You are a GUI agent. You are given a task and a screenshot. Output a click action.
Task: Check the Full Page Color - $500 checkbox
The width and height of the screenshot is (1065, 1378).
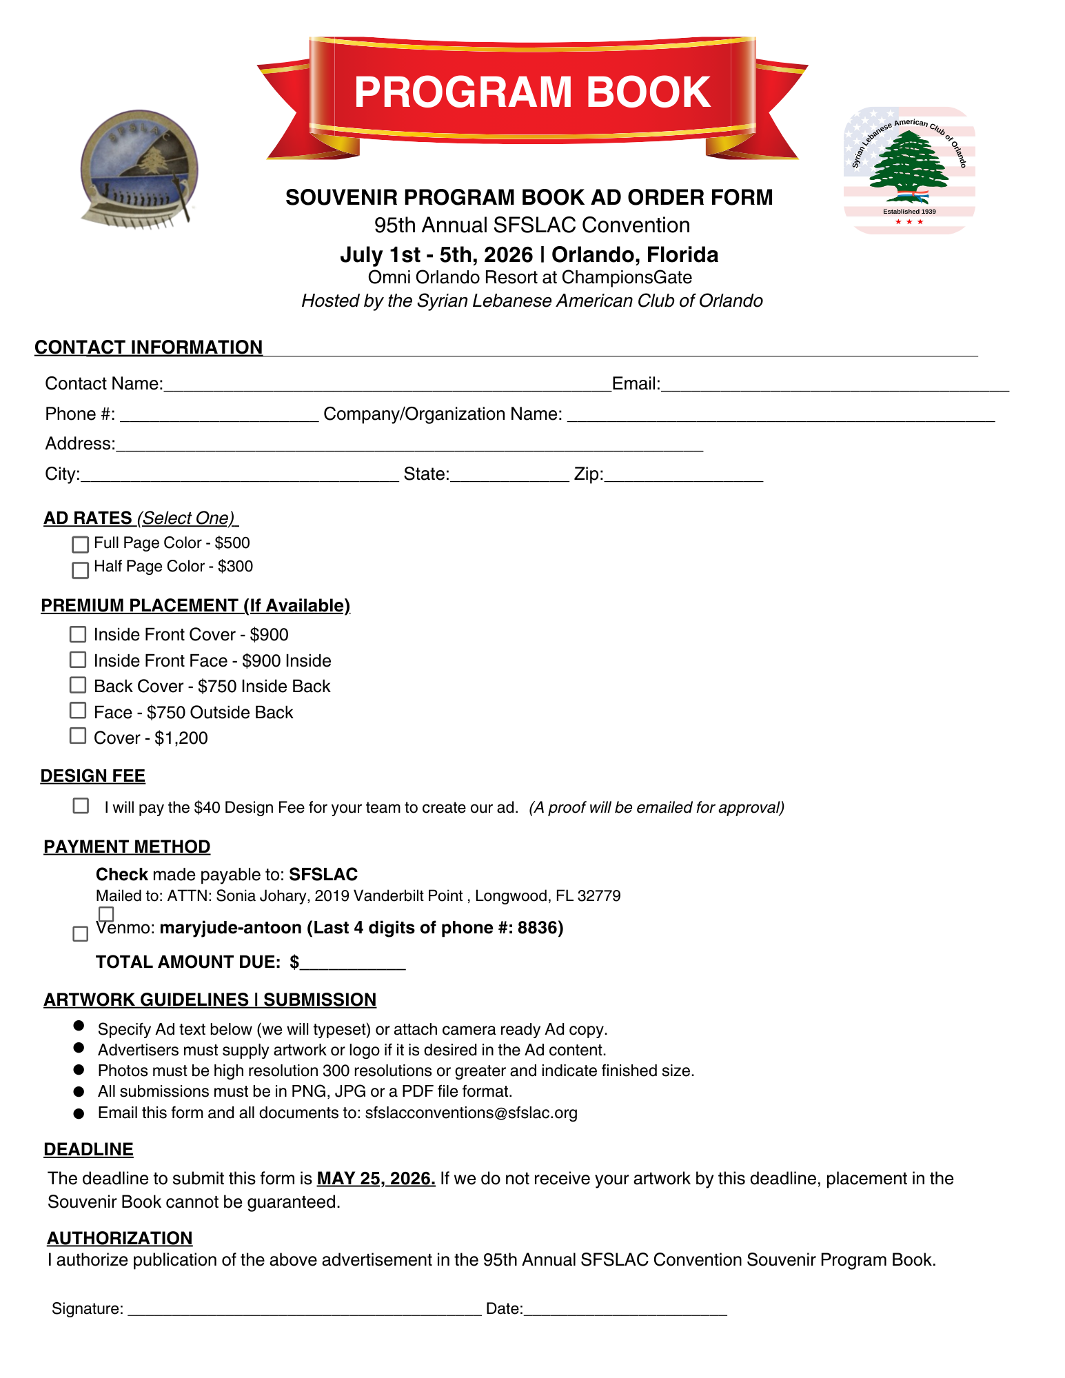80,545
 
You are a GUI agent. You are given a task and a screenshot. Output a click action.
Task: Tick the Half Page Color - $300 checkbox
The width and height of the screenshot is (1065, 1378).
80,570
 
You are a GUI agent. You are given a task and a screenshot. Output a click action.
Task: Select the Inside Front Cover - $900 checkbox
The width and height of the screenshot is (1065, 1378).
78,634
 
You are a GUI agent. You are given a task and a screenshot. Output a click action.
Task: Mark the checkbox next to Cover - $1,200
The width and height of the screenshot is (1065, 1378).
78,736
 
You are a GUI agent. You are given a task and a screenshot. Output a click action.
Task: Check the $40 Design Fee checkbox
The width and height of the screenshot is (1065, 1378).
81,806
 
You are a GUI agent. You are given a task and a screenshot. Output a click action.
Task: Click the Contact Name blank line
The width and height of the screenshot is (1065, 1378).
387,386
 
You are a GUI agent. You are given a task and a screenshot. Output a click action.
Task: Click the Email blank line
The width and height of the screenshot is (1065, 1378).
834,386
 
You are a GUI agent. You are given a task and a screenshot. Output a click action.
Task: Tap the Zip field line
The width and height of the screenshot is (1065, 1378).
683,476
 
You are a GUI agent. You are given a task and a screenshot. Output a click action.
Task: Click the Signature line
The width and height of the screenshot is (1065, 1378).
304,1310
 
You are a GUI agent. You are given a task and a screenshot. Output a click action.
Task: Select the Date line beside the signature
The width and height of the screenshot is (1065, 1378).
625,1310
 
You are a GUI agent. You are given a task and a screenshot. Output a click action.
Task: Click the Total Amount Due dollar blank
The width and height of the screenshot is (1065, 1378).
352,964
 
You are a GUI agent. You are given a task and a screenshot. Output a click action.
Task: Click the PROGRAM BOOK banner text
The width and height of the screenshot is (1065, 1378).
532,92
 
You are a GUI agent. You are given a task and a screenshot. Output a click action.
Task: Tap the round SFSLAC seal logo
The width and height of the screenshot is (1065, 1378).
139,169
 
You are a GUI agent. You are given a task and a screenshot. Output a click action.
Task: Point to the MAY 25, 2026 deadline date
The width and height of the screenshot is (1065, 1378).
376,1179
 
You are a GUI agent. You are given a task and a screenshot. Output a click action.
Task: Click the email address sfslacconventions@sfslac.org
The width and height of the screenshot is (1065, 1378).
471,1113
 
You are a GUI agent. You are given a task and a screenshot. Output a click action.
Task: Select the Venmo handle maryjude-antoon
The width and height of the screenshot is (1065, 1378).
230,928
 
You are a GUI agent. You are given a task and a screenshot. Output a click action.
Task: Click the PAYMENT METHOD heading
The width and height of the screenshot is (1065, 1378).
127,847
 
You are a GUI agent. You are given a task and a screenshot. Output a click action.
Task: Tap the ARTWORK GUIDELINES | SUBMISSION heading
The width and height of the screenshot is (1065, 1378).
210,1000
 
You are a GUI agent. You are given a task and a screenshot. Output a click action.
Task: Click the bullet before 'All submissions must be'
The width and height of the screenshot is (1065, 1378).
79,1092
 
